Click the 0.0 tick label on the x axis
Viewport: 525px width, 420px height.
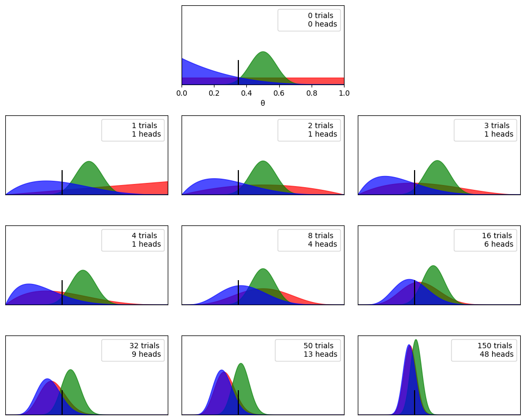click(x=182, y=93)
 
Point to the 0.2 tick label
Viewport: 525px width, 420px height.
click(x=214, y=93)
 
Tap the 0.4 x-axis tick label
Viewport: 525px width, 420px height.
click(x=247, y=93)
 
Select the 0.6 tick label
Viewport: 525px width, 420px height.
click(x=279, y=93)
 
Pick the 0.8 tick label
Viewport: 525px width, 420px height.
click(x=312, y=93)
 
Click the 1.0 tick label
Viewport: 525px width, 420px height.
click(x=344, y=93)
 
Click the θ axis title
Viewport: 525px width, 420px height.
click(x=263, y=103)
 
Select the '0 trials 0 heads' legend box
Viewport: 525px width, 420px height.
click(x=309, y=20)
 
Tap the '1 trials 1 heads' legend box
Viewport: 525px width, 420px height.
click(x=133, y=130)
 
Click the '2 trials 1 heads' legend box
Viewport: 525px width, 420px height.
click(x=309, y=130)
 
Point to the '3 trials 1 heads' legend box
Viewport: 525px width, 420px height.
click(x=486, y=130)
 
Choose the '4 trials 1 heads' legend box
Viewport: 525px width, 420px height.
click(x=133, y=240)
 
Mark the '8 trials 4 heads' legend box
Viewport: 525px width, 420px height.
click(x=309, y=240)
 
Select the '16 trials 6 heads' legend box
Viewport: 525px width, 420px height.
click(x=486, y=240)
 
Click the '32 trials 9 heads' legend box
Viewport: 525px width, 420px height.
click(x=133, y=350)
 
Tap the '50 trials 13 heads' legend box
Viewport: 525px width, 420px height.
click(x=308, y=350)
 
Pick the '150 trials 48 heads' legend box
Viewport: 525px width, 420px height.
click(x=484, y=350)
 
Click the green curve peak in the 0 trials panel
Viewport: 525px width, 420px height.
click(x=263, y=52)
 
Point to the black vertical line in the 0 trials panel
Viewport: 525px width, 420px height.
click(x=238, y=72)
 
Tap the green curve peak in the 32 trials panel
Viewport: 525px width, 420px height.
click(x=70, y=370)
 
